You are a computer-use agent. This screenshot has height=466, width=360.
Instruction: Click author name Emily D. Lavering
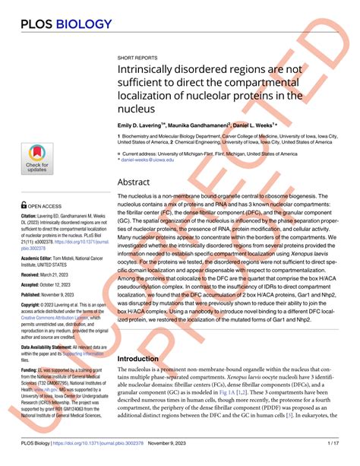[146, 124]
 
